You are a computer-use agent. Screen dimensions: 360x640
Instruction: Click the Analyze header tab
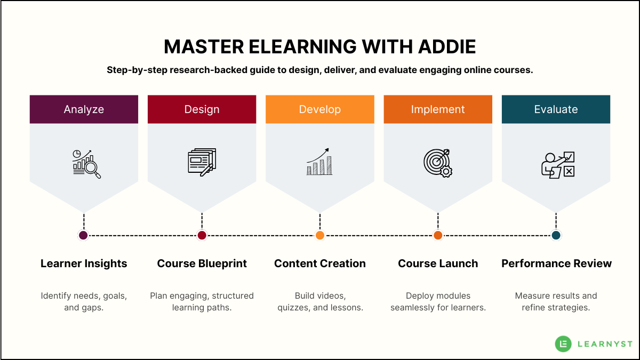coord(84,109)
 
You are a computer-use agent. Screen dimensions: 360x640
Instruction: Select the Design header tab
coord(202,109)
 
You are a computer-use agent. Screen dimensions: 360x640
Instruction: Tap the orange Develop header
coord(320,109)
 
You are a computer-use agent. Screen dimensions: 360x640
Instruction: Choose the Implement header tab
coord(438,109)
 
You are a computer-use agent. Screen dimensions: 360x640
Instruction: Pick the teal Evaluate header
coord(556,109)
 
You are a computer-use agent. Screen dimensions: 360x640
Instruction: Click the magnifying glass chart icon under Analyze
coord(86,163)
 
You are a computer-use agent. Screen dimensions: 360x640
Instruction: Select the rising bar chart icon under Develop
coord(320,162)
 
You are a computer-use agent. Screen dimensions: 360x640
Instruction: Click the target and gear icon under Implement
coord(438,163)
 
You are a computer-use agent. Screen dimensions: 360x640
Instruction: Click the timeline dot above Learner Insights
coord(83,235)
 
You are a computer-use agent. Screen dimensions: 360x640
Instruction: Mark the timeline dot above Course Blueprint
coord(202,235)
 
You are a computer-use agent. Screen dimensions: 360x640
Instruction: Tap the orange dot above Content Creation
coord(320,235)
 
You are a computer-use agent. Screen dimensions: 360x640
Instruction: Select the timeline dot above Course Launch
coord(438,235)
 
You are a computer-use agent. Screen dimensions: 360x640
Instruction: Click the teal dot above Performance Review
coord(556,235)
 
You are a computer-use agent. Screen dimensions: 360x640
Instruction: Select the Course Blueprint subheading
coord(202,263)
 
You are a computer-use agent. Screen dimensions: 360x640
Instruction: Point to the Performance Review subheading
coord(556,263)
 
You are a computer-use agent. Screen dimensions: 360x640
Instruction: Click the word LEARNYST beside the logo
coord(605,344)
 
